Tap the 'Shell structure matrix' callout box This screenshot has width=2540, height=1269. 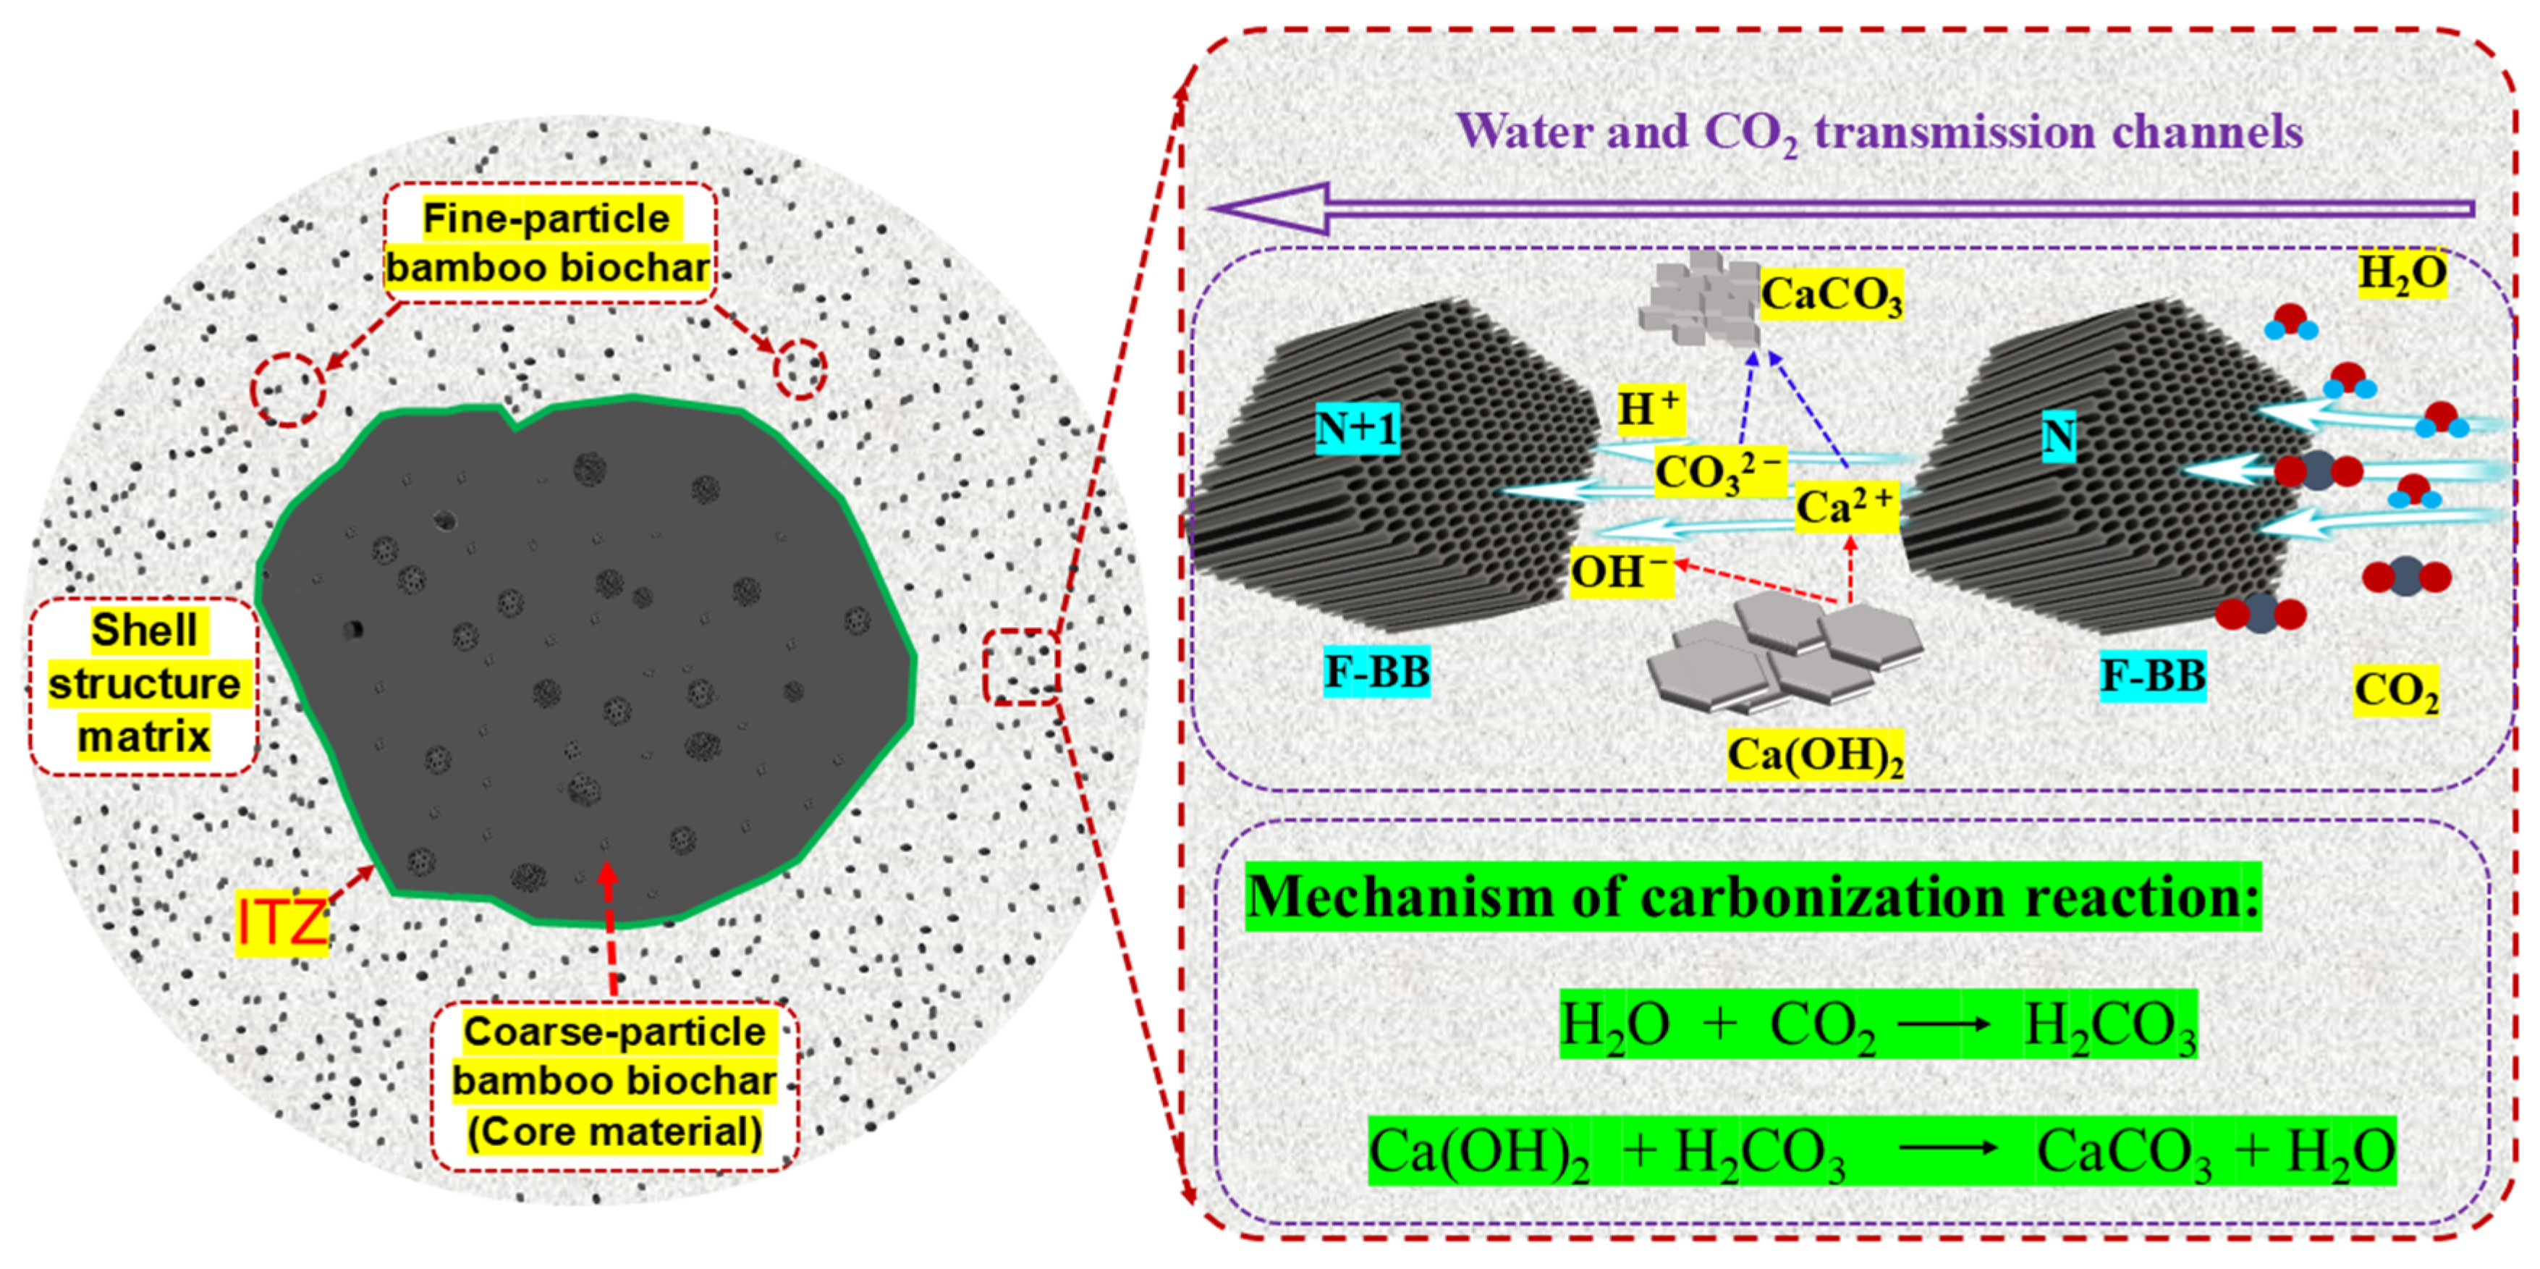[144, 684]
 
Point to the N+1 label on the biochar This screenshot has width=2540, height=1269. [1357, 429]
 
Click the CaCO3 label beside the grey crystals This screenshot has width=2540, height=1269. [1831, 294]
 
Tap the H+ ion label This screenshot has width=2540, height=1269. [1648, 408]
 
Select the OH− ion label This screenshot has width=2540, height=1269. [1621, 572]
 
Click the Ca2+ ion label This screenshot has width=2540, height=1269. [1845, 507]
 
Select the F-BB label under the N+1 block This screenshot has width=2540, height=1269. [1376, 673]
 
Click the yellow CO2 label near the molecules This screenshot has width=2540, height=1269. [2396, 691]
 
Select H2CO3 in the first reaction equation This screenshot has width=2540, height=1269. [2110, 1026]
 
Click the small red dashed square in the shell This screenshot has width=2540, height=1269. [1022, 667]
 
